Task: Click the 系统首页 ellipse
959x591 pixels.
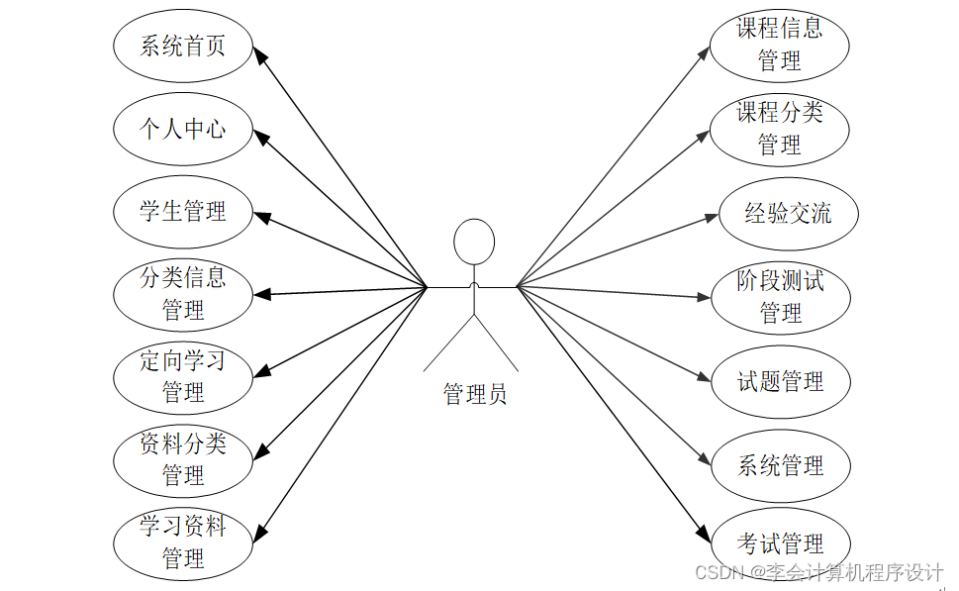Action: (x=183, y=46)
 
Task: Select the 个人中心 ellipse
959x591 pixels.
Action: (x=183, y=129)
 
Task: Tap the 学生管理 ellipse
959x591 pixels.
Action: (x=183, y=211)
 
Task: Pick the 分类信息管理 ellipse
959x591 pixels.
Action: (x=183, y=293)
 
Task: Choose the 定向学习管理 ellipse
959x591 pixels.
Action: (x=183, y=376)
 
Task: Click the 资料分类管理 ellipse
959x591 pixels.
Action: (x=183, y=458)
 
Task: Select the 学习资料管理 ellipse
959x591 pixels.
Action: (x=183, y=542)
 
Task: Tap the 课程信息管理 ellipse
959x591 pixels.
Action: (x=780, y=45)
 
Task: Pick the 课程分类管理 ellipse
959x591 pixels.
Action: (x=780, y=129)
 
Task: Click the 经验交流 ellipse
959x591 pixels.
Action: (x=788, y=213)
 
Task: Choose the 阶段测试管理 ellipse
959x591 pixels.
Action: (x=781, y=297)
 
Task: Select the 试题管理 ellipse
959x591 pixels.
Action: (x=781, y=382)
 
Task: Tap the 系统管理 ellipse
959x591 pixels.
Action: (x=781, y=465)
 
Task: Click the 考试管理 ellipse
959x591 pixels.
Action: (x=781, y=543)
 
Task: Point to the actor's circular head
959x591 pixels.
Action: (x=474, y=242)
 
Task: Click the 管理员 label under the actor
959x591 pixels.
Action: (x=475, y=395)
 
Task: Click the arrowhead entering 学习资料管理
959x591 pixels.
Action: (x=261, y=533)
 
